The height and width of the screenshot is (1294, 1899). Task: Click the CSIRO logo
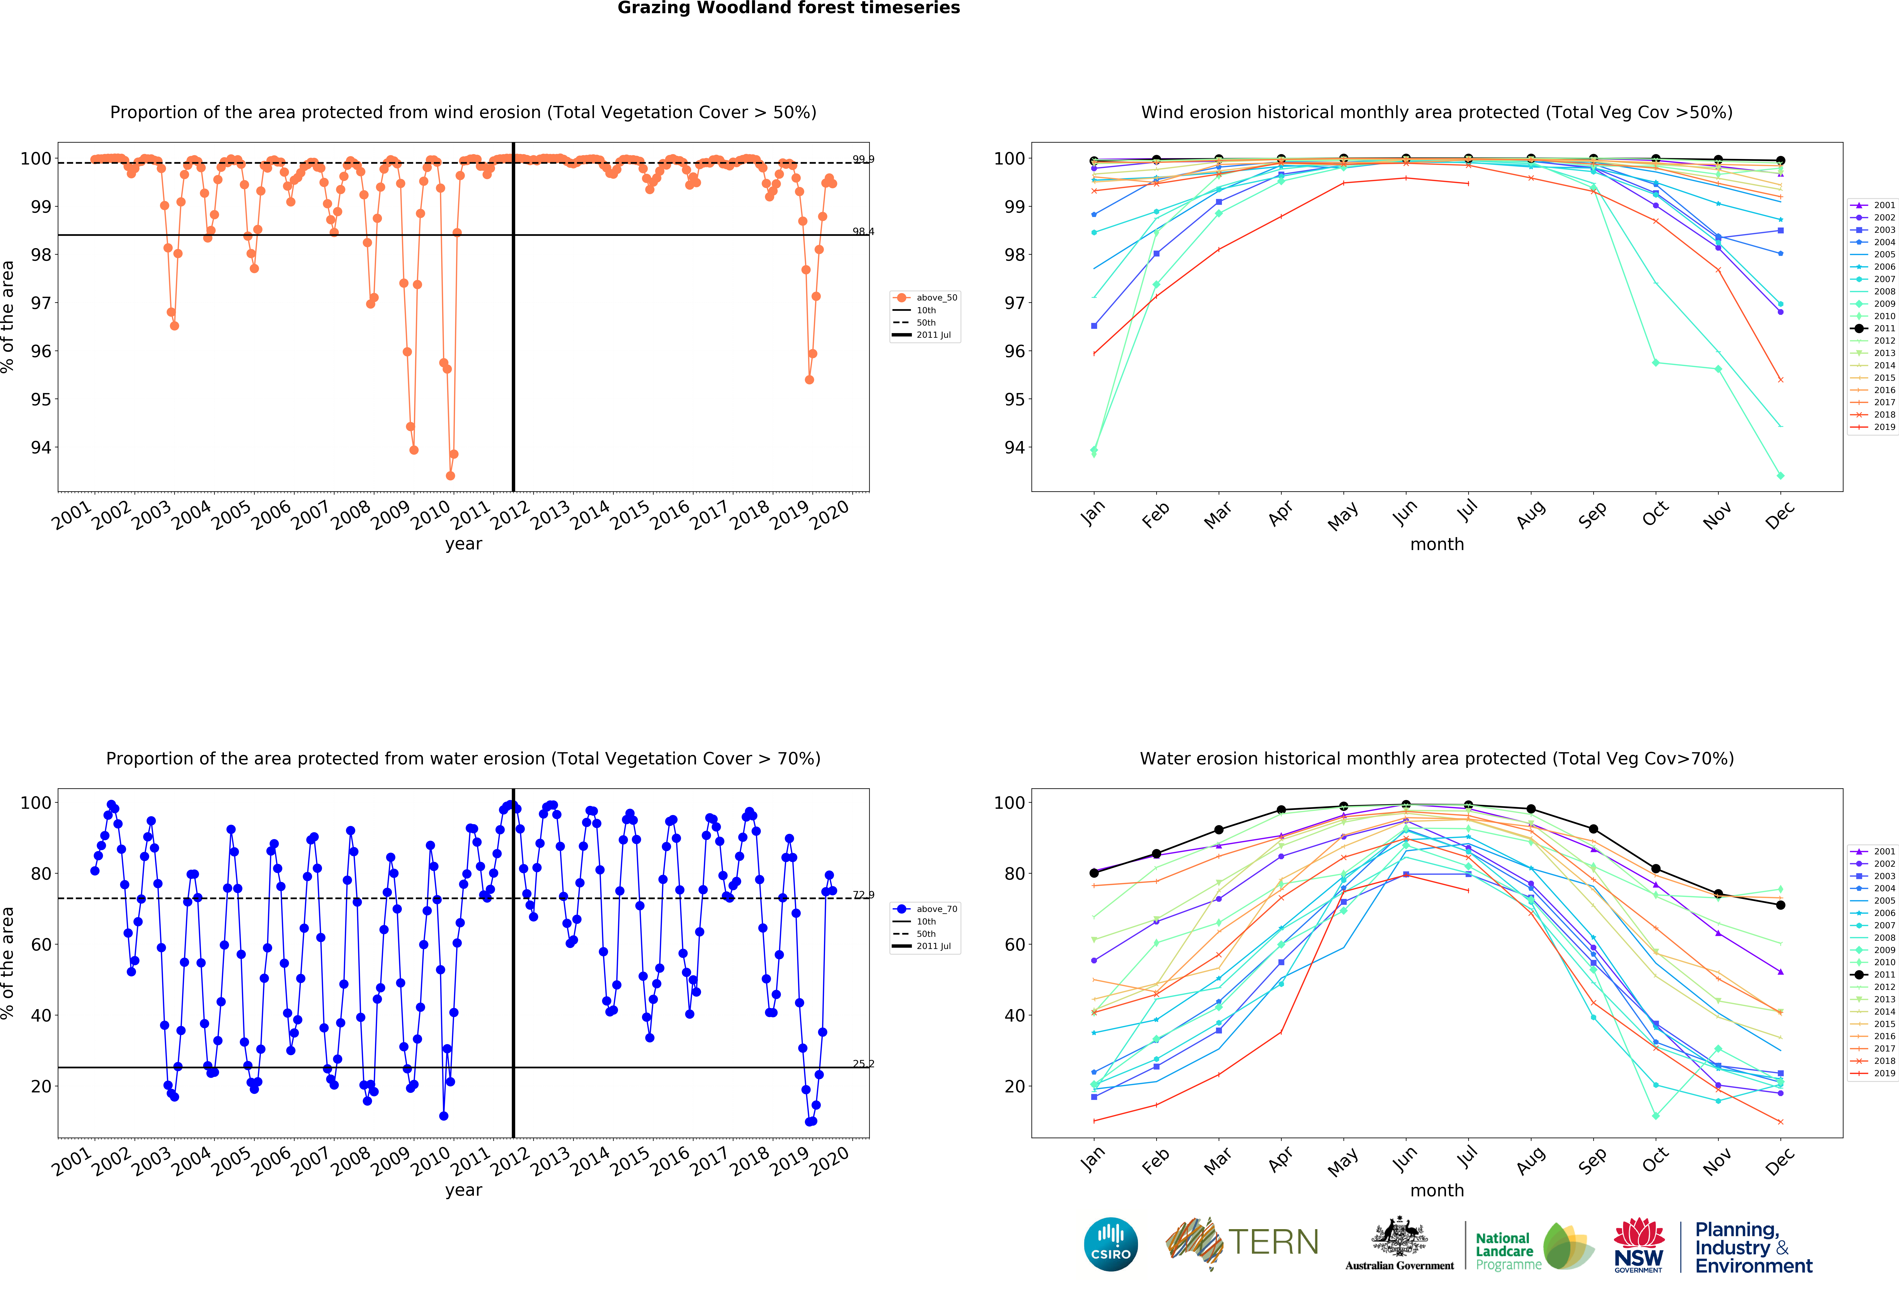tap(1110, 1244)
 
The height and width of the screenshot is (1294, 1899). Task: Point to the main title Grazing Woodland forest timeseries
tap(789, 8)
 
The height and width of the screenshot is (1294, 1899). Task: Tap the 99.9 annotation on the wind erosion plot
tap(863, 159)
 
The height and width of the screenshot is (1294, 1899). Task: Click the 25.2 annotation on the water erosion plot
tap(863, 1064)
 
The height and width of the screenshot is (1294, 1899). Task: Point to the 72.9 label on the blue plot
tap(863, 894)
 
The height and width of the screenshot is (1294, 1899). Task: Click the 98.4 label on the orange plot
tap(863, 231)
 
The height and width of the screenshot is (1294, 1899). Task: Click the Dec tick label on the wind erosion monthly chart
tap(1780, 515)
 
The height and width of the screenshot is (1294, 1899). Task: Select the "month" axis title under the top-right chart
tap(1436, 544)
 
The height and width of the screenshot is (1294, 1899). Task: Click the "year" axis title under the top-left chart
tap(463, 544)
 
